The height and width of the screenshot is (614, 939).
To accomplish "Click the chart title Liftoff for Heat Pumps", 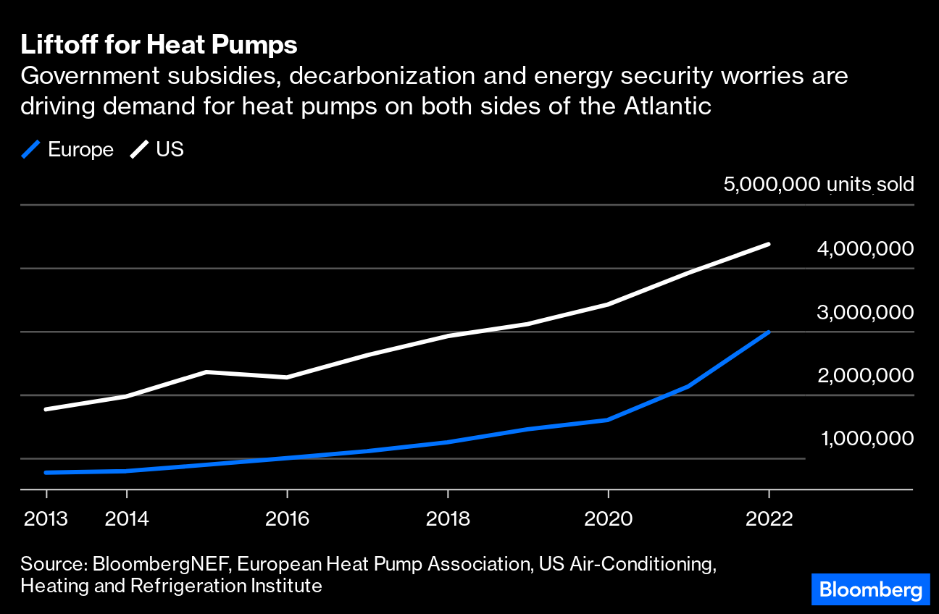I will [159, 46].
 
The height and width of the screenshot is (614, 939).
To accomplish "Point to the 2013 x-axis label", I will [45, 519].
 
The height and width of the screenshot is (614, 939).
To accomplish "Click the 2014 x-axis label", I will [127, 519].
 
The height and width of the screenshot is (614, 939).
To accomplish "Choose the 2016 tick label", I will [288, 519].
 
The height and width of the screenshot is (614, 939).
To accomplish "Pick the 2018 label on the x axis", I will [448, 519].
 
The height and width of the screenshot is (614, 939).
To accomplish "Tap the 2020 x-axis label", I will [609, 519].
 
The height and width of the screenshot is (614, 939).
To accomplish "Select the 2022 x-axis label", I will [769, 519].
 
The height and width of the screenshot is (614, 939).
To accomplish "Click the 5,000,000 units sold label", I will [819, 185].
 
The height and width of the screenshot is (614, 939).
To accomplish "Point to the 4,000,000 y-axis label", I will [865, 249].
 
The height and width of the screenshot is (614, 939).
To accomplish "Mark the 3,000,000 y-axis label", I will [865, 313].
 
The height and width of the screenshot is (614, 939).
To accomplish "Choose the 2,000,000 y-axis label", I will [865, 376].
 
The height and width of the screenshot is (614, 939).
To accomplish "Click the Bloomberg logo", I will [869, 589].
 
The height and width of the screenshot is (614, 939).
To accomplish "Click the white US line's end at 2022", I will [768, 245].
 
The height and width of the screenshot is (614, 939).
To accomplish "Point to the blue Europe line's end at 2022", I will [768, 332].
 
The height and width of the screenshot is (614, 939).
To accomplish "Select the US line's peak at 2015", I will [206, 372].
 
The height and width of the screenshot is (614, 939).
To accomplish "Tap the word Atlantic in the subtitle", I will [666, 106].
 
